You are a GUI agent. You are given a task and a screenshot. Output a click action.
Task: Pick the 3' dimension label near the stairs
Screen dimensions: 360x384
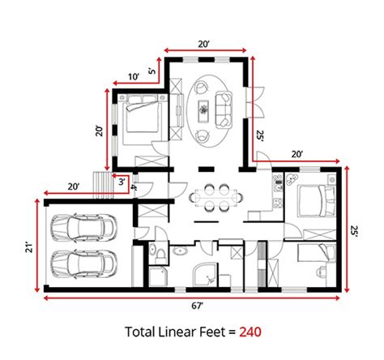(x=121, y=182)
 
